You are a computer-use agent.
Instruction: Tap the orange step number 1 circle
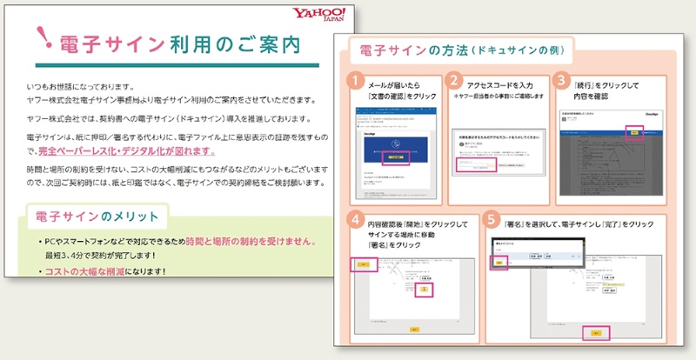click(x=356, y=80)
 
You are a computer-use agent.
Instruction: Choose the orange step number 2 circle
click(x=455, y=80)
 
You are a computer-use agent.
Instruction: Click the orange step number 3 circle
click(x=563, y=80)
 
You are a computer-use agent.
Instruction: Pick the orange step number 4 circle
click(x=356, y=218)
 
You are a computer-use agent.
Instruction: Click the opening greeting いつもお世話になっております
click(x=79, y=85)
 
